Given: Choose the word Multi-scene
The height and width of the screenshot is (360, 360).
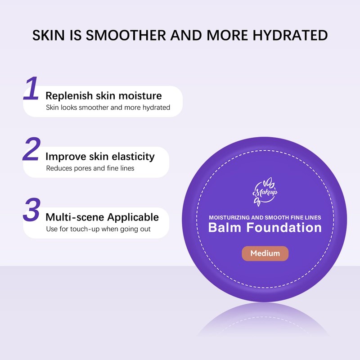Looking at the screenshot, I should [x=75, y=217].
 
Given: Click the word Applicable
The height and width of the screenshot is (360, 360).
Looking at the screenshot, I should [x=133, y=217].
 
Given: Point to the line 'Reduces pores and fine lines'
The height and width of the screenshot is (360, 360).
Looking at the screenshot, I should [x=90, y=168].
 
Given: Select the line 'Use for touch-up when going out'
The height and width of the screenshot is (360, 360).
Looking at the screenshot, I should [x=98, y=229].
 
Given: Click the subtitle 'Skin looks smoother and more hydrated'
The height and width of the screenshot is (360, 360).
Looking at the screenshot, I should [x=108, y=108].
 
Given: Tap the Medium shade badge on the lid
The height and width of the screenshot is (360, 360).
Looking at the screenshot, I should [x=265, y=253].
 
